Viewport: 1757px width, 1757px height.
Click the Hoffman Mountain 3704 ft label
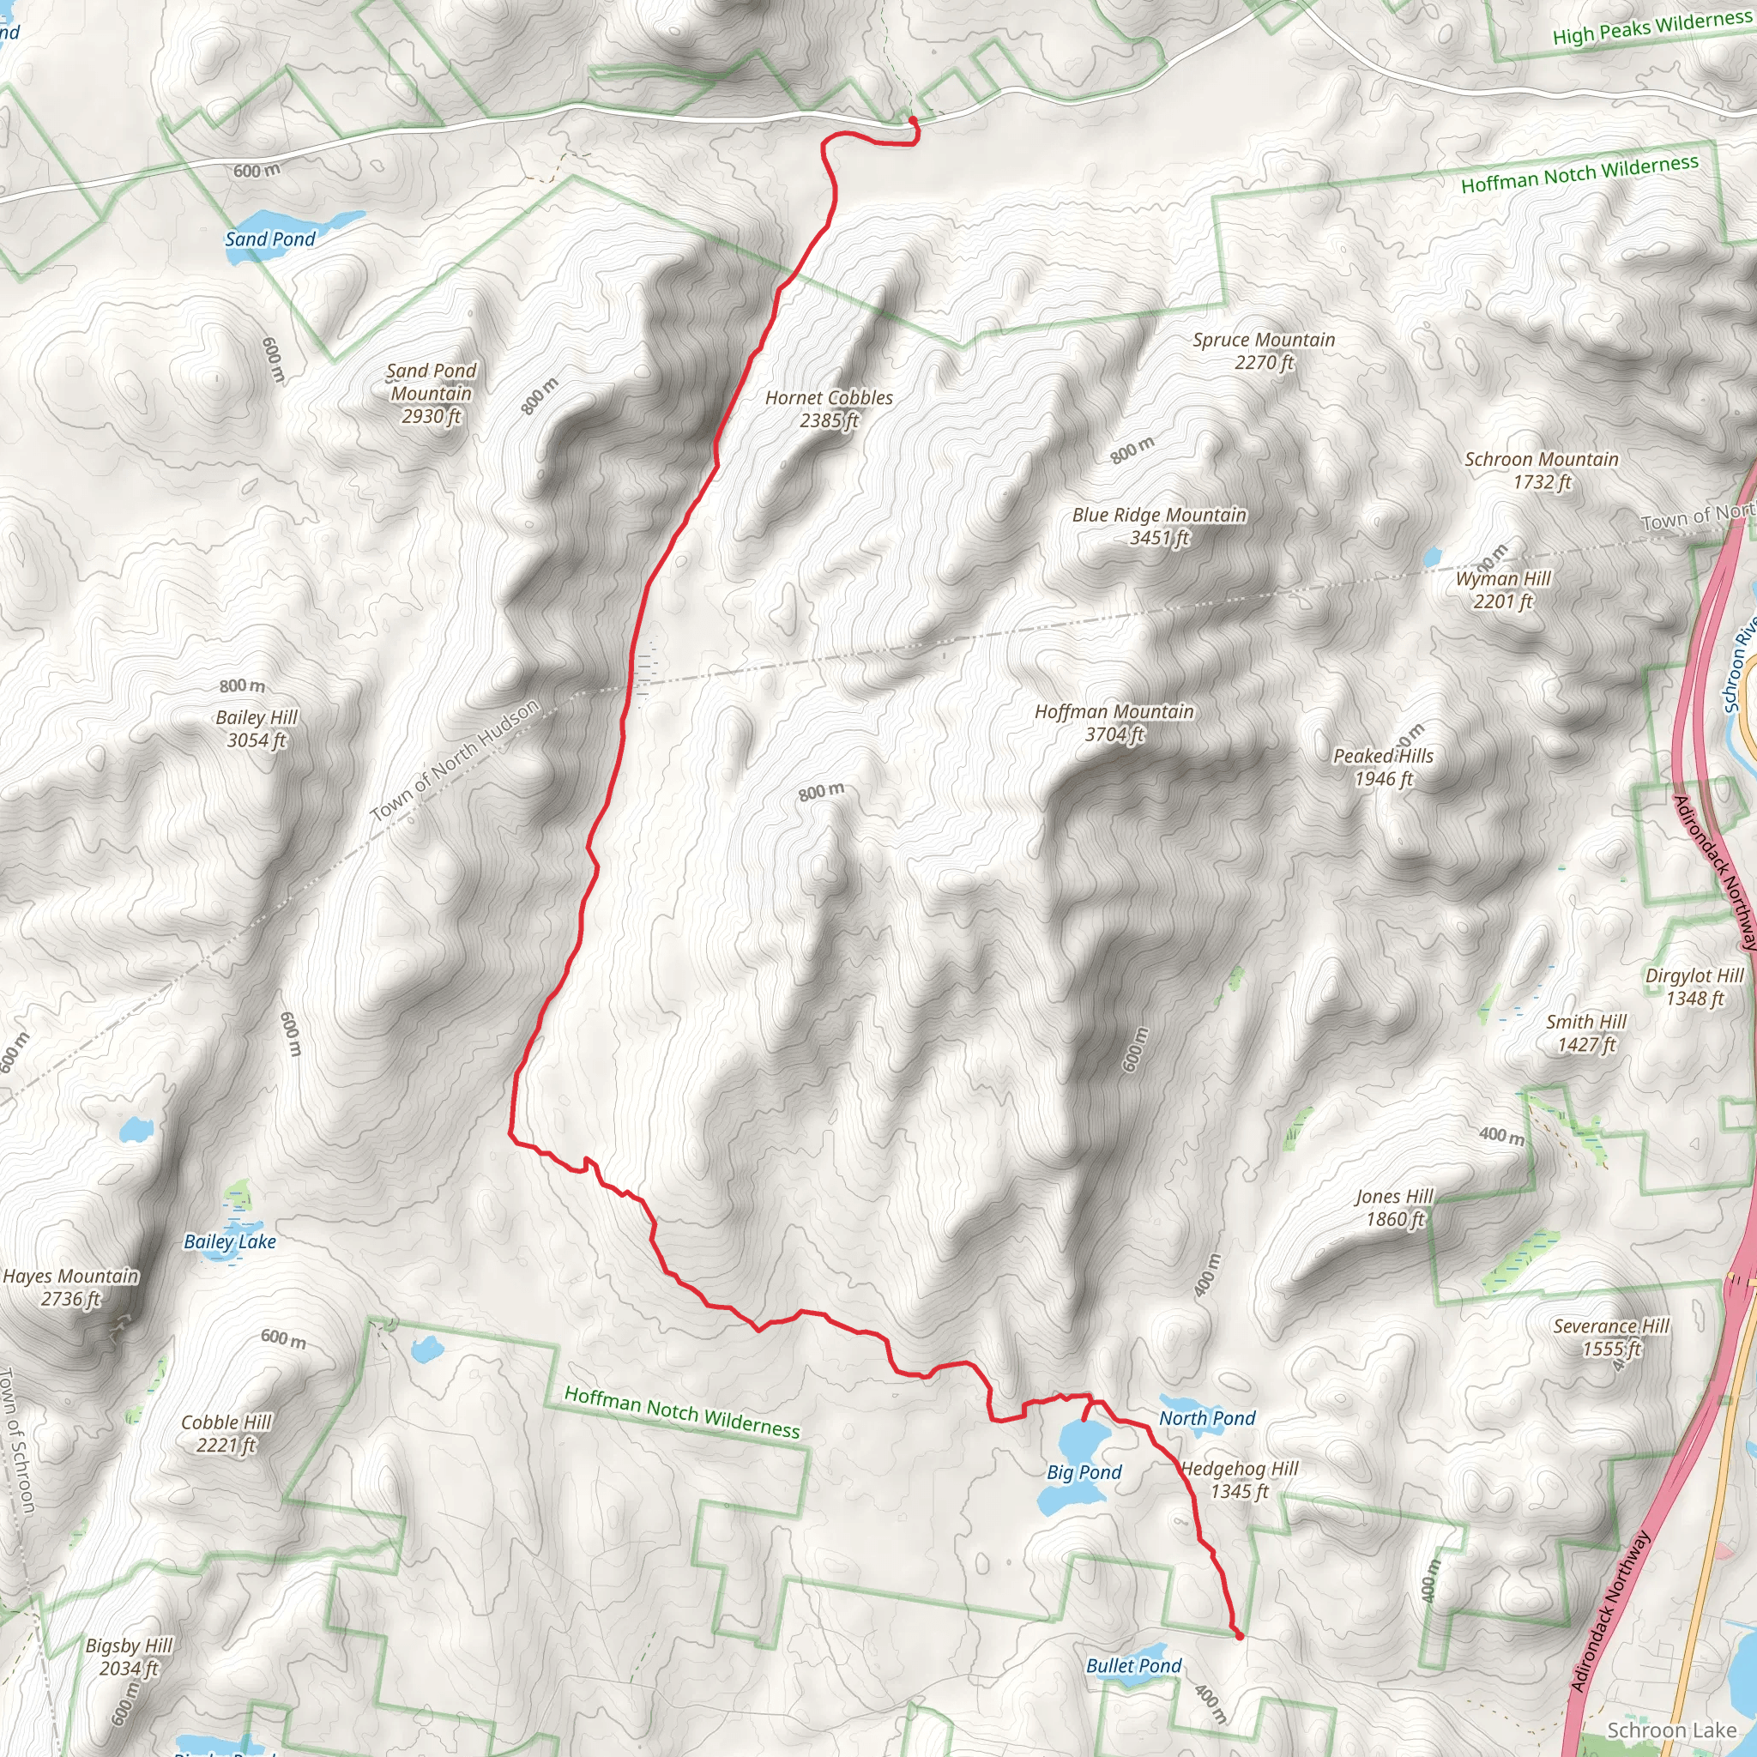click(1114, 723)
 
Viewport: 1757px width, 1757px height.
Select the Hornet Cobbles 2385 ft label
click(829, 408)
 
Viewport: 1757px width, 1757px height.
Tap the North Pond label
click(1207, 1418)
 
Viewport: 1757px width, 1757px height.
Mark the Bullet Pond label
click(1133, 1665)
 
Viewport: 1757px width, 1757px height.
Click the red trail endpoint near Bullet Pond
click(1239, 1636)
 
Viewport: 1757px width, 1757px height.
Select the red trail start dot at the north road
click(913, 120)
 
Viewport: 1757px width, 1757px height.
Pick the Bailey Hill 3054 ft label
click(257, 728)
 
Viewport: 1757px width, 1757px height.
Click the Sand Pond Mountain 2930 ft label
click(431, 393)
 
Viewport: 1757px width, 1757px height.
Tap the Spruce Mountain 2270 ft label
click(1263, 350)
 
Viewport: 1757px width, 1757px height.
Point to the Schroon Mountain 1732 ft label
click(1541, 470)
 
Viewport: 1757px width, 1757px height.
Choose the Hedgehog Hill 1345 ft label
click(1239, 1480)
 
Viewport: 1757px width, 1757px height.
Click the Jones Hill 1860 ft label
click(1394, 1208)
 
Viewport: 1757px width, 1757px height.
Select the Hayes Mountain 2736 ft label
click(71, 1287)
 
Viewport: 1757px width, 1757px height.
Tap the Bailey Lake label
click(229, 1241)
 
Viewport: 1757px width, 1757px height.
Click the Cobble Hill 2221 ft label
click(226, 1434)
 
